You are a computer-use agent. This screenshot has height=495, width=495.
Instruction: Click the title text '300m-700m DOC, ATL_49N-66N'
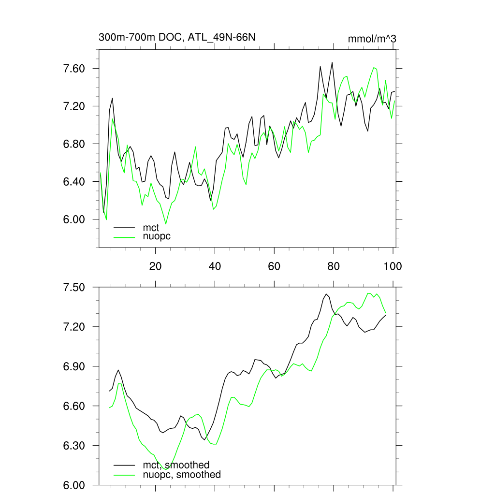coord(177,37)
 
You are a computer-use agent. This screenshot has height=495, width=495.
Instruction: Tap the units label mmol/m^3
coord(372,38)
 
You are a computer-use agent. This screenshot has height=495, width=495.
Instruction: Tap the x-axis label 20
coord(155,266)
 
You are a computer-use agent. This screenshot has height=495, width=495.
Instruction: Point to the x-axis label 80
coord(334,266)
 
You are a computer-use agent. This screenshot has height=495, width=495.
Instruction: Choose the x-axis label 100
coord(392,266)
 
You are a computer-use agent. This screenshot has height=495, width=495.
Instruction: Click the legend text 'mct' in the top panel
coord(151,227)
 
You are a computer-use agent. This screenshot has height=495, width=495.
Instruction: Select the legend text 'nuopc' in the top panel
coord(157,236)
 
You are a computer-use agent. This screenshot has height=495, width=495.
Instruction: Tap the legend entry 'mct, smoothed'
coord(176,465)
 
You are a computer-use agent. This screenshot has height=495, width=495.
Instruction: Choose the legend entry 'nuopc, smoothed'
coord(182,475)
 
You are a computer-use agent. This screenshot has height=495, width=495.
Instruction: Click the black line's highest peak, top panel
coord(332,62)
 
